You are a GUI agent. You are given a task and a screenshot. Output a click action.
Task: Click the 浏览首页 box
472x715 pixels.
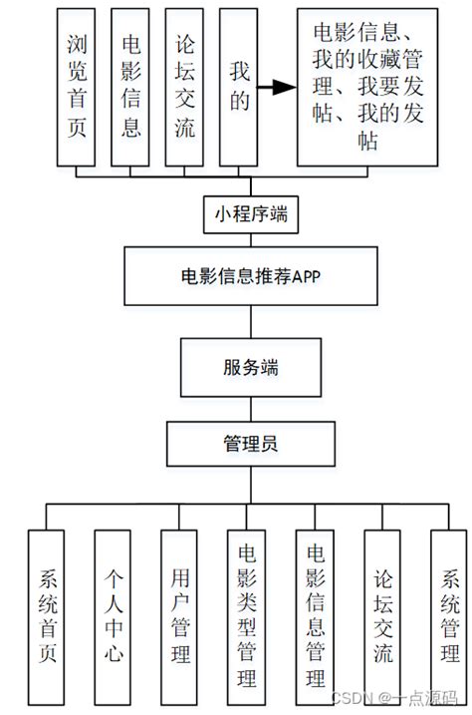76,88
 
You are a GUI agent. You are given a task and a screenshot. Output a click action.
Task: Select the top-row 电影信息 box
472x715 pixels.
130,88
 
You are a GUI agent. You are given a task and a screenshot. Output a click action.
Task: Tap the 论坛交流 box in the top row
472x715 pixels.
185,88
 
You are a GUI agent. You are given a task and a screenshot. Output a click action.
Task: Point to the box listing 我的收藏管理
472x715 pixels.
366,88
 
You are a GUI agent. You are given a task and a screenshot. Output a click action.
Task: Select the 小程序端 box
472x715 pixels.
249,212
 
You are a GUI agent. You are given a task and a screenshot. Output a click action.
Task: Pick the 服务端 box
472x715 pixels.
249,366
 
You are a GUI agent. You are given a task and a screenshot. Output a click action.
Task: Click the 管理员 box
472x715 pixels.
249,443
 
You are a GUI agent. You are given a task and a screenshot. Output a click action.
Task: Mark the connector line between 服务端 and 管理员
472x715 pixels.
249,409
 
